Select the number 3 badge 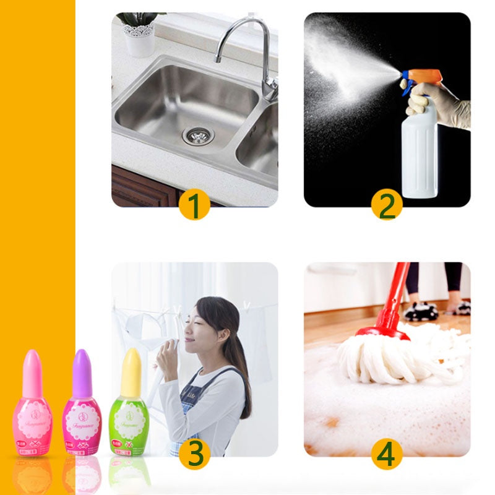[195, 454]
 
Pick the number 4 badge [387, 454]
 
